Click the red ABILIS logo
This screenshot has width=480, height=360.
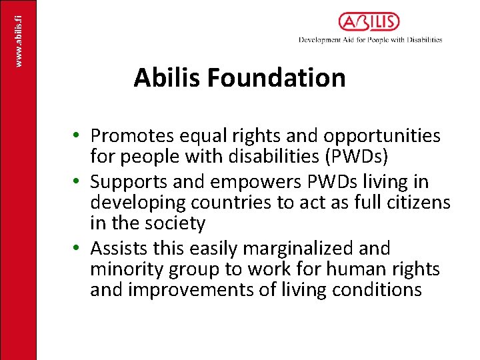pyautogui.click(x=369, y=22)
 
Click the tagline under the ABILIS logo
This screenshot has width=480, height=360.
pyautogui.click(x=370, y=40)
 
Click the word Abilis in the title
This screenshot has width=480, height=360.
pyautogui.click(x=167, y=78)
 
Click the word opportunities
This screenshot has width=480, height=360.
pyautogui.click(x=382, y=136)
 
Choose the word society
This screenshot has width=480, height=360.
pyautogui.click(x=175, y=224)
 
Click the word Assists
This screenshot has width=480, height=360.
pyautogui.click(x=117, y=248)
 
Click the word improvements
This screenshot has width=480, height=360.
pyautogui.click(x=229, y=291)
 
